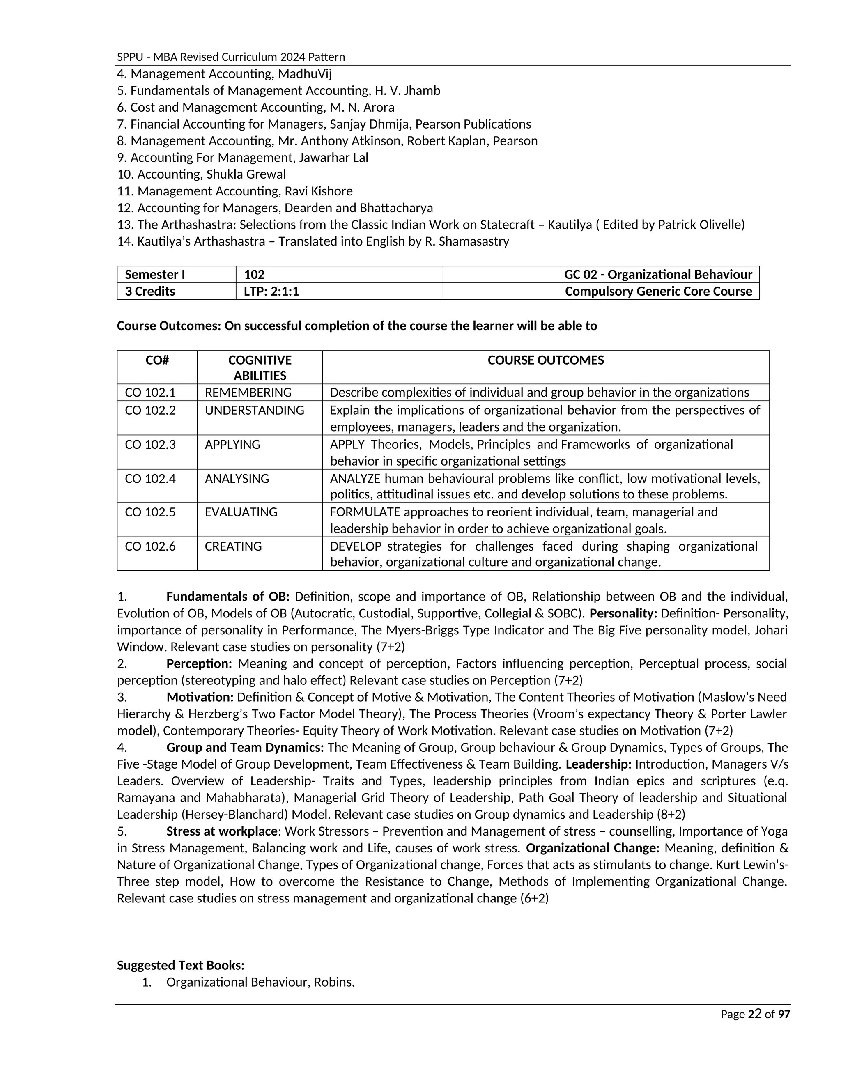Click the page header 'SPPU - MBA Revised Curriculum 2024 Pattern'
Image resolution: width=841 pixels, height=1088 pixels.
click(231, 57)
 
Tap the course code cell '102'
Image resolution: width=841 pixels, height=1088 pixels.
click(254, 275)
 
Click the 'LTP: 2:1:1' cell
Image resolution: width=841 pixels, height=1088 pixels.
click(271, 292)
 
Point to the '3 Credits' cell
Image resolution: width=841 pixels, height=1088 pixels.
click(150, 292)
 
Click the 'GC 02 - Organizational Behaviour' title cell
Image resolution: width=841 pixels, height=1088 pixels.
click(658, 275)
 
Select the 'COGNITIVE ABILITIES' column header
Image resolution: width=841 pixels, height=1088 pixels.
click(260, 367)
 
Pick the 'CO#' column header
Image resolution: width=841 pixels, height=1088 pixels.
click(157, 360)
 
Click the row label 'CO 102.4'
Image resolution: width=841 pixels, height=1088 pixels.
click(150, 479)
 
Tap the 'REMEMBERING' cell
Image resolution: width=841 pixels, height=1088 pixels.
click(248, 393)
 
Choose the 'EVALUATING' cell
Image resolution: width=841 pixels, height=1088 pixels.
click(241, 512)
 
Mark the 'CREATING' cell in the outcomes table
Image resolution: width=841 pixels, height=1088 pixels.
click(233, 546)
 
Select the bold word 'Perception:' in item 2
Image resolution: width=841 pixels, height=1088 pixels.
click(199, 663)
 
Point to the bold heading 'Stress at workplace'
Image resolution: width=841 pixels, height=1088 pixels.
click(222, 831)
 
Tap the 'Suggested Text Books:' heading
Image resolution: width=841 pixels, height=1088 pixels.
click(180, 966)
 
